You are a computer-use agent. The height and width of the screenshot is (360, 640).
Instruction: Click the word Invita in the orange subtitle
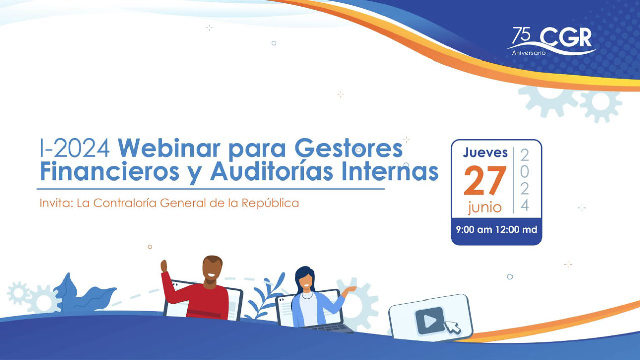tap(55, 203)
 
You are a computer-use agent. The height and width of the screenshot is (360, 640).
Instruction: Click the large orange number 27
tap(484, 181)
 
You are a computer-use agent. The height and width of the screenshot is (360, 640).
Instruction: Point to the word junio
tap(484, 207)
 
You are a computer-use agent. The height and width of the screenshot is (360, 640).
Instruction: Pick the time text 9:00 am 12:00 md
tap(496, 230)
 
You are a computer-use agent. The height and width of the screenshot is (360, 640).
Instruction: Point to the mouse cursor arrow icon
tap(453, 328)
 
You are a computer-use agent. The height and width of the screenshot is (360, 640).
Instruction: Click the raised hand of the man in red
tap(164, 266)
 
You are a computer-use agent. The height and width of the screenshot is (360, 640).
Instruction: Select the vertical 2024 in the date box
tap(525, 180)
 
